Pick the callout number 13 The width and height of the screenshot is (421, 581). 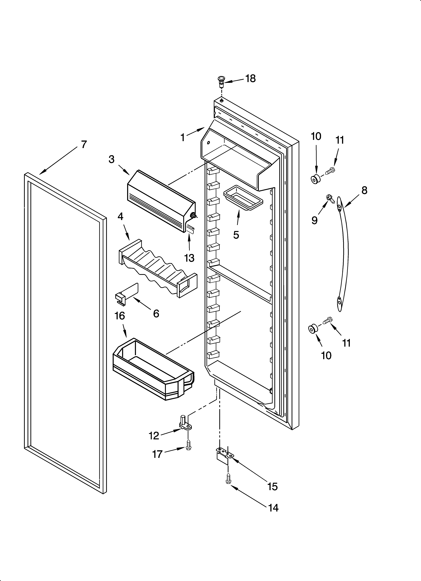pos(189,258)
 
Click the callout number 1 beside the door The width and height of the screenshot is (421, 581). pos(183,138)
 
